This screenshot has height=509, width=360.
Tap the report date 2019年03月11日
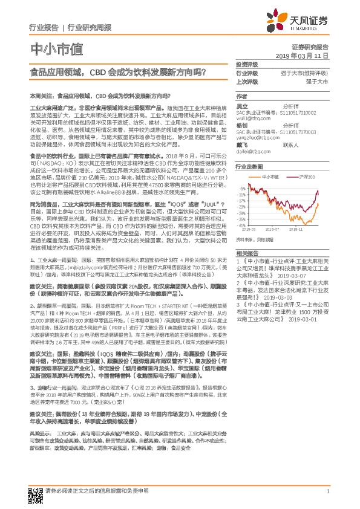306,56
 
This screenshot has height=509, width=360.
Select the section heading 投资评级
247,65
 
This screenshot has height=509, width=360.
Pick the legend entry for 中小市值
270,177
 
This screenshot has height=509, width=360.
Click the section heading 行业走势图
249,165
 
